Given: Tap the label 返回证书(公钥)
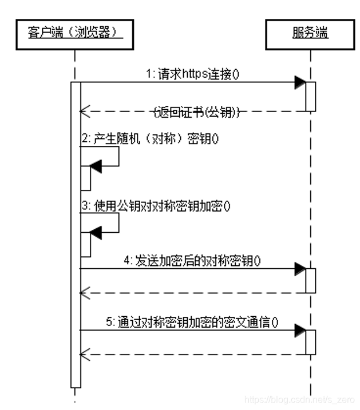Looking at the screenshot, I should [x=197, y=112].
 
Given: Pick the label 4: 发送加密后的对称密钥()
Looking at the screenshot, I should [x=192, y=260].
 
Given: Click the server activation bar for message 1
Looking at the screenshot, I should [x=310, y=96].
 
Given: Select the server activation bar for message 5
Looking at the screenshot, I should [x=310, y=342].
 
